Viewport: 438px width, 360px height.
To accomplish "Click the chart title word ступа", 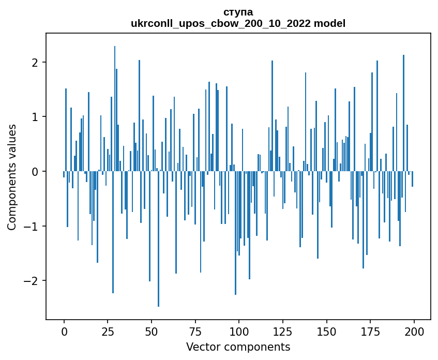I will pyautogui.click(x=238, y=12).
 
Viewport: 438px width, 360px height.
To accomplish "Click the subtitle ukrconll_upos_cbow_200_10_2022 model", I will pyautogui.click(x=238, y=23).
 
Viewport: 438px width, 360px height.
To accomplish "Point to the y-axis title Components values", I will pyautogui.click(x=12, y=177).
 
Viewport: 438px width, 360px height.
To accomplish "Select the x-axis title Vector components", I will pyautogui.click(x=238, y=347).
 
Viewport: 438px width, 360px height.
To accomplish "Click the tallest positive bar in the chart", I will pyautogui.click(x=115, y=109).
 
